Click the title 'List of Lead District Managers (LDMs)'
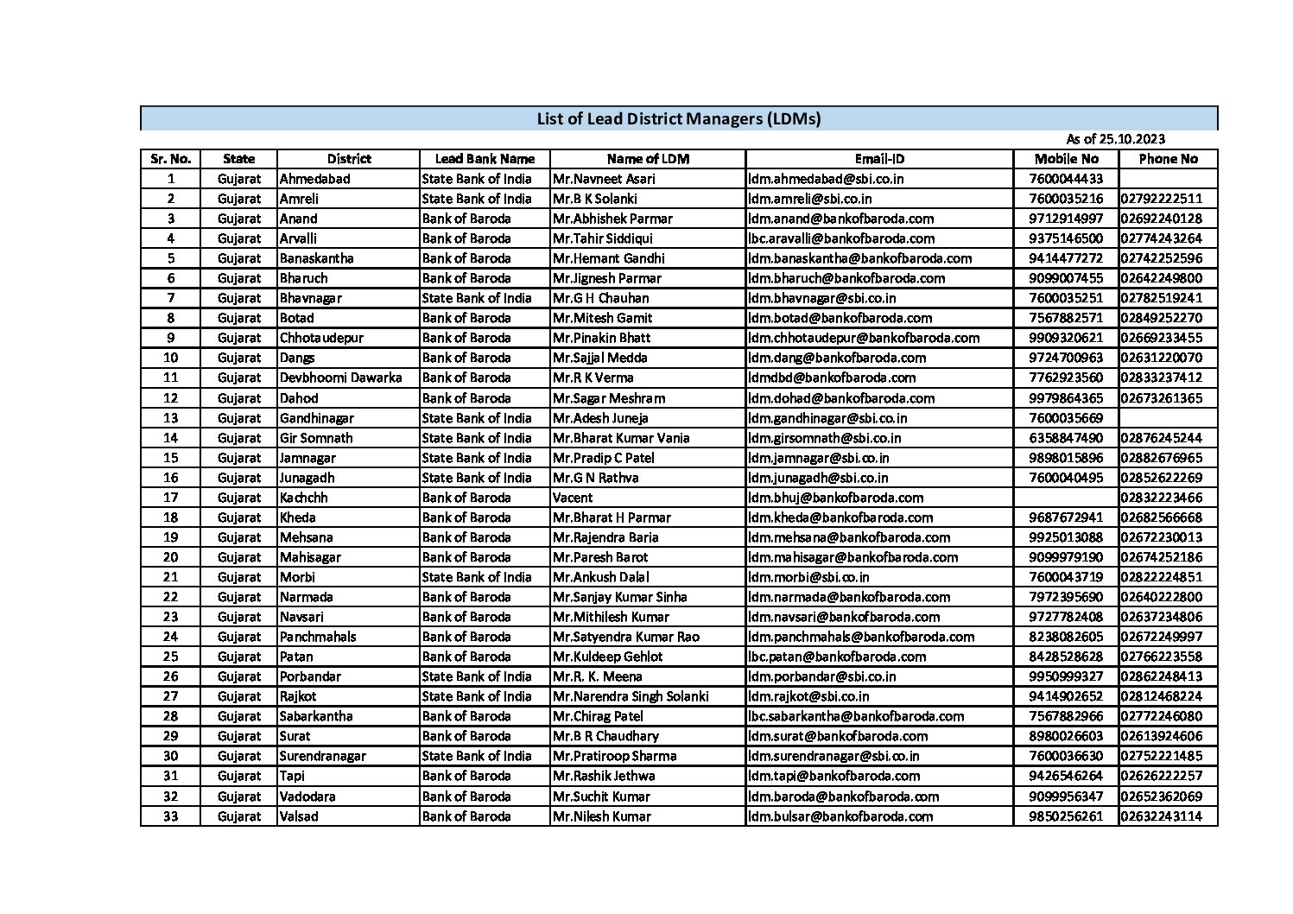tap(678, 118)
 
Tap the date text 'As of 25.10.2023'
tap(1114, 139)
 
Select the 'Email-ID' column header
tap(879, 159)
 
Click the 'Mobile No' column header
tap(1066, 159)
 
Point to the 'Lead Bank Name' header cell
tap(485, 159)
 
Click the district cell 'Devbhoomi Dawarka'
tap(340, 378)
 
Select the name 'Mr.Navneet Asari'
tap(604, 179)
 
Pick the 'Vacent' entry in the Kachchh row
tap(573, 498)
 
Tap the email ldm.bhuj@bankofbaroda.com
tap(835, 498)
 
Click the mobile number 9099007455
tap(1066, 278)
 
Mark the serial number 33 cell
tap(170, 816)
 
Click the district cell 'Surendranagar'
tap(322, 756)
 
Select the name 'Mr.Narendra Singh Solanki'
tap(631, 696)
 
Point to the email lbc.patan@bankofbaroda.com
tap(837, 657)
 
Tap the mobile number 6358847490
tap(1066, 438)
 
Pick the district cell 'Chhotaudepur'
tap(321, 338)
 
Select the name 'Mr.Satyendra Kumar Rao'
tap(626, 637)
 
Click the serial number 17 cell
tap(170, 498)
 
